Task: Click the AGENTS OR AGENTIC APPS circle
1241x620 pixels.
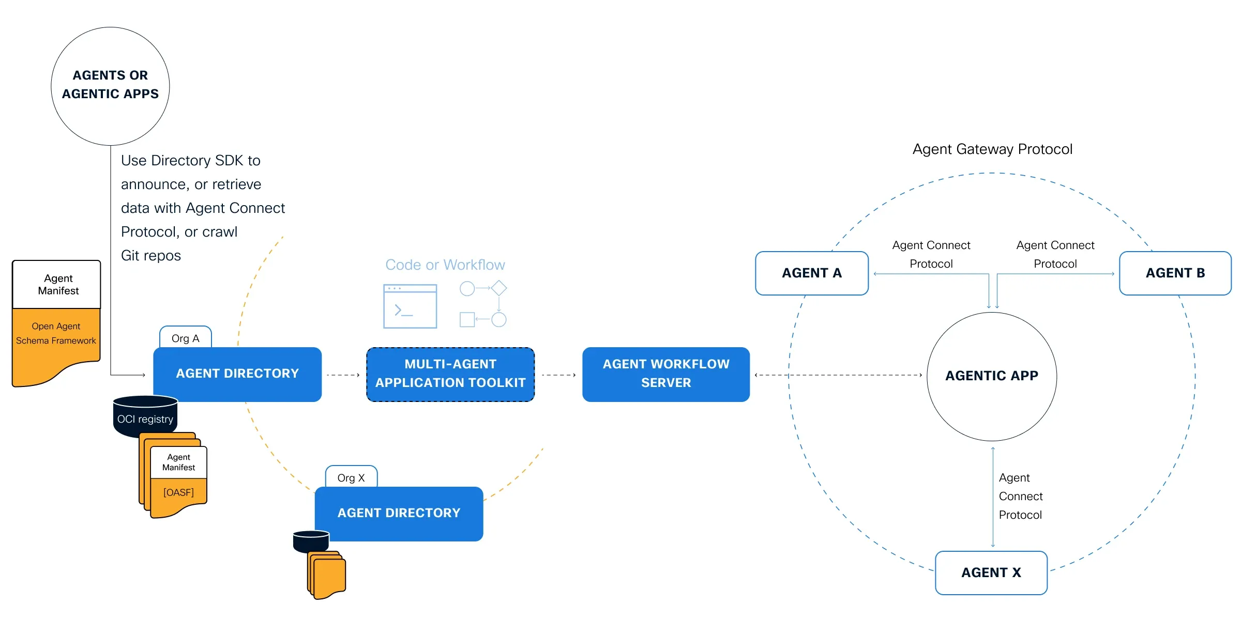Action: tap(110, 86)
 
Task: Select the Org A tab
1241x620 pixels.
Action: tap(185, 338)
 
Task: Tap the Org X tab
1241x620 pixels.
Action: tap(351, 477)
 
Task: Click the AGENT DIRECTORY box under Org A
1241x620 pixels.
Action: tap(237, 374)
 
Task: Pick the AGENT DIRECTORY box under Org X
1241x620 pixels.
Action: tap(399, 514)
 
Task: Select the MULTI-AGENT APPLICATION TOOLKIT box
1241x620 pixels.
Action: tap(450, 374)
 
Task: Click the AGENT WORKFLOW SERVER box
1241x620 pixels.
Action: tap(666, 374)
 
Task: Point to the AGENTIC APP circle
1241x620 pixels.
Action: tap(992, 376)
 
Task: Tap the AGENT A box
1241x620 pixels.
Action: tap(812, 273)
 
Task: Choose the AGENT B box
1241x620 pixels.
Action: tap(1175, 273)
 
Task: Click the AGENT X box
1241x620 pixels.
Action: tap(991, 572)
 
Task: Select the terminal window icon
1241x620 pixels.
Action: tap(410, 306)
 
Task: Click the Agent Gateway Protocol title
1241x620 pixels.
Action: tap(992, 149)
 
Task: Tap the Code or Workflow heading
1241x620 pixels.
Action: tap(445, 265)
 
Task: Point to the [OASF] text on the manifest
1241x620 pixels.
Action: tap(178, 492)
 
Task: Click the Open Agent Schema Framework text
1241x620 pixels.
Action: tap(56, 334)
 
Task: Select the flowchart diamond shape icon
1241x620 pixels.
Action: tap(498, 288)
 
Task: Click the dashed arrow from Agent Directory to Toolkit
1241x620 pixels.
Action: tap(343, 375)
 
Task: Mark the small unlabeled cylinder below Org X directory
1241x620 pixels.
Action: tap(311, 541)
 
